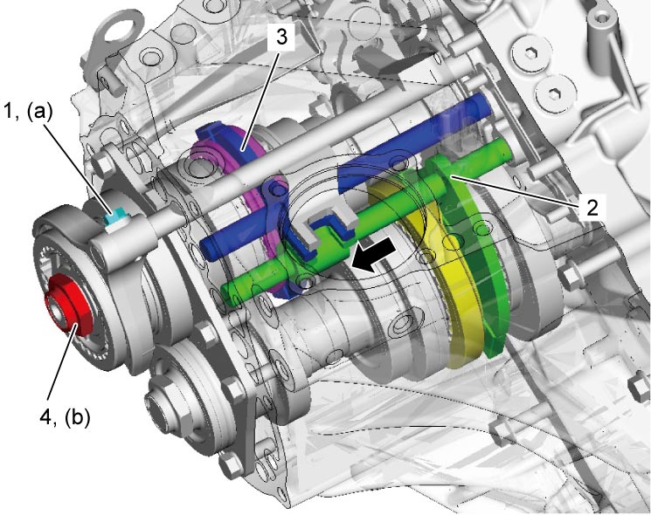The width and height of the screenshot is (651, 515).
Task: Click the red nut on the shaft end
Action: coord(68,304)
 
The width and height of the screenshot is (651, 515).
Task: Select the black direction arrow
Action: coord(373,255)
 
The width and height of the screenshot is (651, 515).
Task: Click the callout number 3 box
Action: coord(281,38)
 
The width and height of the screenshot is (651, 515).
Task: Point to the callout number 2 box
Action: coord(592,206)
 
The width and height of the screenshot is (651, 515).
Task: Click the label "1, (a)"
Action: coord(29,112)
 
